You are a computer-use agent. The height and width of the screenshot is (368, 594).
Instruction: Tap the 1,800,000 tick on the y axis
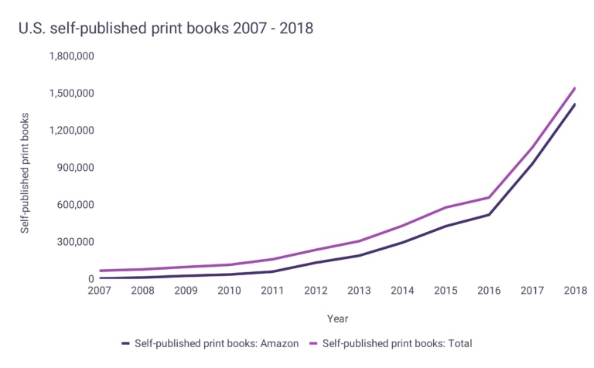(x=71, y=56)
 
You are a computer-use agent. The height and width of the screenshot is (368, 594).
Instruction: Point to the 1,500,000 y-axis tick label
(x=71, y=94)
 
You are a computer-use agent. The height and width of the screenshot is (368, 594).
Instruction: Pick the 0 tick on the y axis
(x=90, y=279)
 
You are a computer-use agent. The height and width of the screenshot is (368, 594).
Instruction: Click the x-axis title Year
(x=337, y=318)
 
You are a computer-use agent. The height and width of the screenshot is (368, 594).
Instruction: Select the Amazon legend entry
(x=208, y=343)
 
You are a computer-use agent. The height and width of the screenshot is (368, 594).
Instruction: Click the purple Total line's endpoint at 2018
(x=575, y=88)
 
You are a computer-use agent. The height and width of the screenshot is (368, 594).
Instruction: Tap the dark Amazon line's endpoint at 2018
(x=575, y=104)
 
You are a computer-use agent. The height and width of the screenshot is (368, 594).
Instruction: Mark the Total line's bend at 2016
(x=489, y=197)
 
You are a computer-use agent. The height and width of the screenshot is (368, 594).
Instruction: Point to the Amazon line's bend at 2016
(x=489, y=214)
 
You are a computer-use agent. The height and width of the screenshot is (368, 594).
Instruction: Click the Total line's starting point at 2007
(x=100, y=271)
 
